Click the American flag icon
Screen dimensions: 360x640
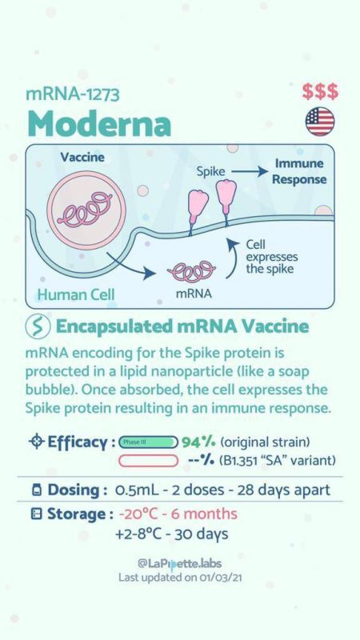pos(320,122)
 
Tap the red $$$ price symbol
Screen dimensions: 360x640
pos(320,91)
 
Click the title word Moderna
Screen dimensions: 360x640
pos(99,123)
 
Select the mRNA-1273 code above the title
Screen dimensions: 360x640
pos(73,94)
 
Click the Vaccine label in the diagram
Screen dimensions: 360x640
pos(82,157)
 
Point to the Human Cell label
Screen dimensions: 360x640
pos(76,294)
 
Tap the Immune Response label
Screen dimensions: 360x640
pos(299,171)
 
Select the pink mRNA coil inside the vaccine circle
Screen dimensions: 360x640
pos(86,210)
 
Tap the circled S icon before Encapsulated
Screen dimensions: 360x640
pos(38,327)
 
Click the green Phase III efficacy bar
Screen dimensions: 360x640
pos(148,442)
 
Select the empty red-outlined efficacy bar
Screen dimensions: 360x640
pos(148,461)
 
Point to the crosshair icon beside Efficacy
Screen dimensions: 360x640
pos(36,442)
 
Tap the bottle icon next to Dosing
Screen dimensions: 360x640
pos(37,490)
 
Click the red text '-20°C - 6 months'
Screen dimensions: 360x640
pos(178,514)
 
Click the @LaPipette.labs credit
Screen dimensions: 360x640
pos(179,564)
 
